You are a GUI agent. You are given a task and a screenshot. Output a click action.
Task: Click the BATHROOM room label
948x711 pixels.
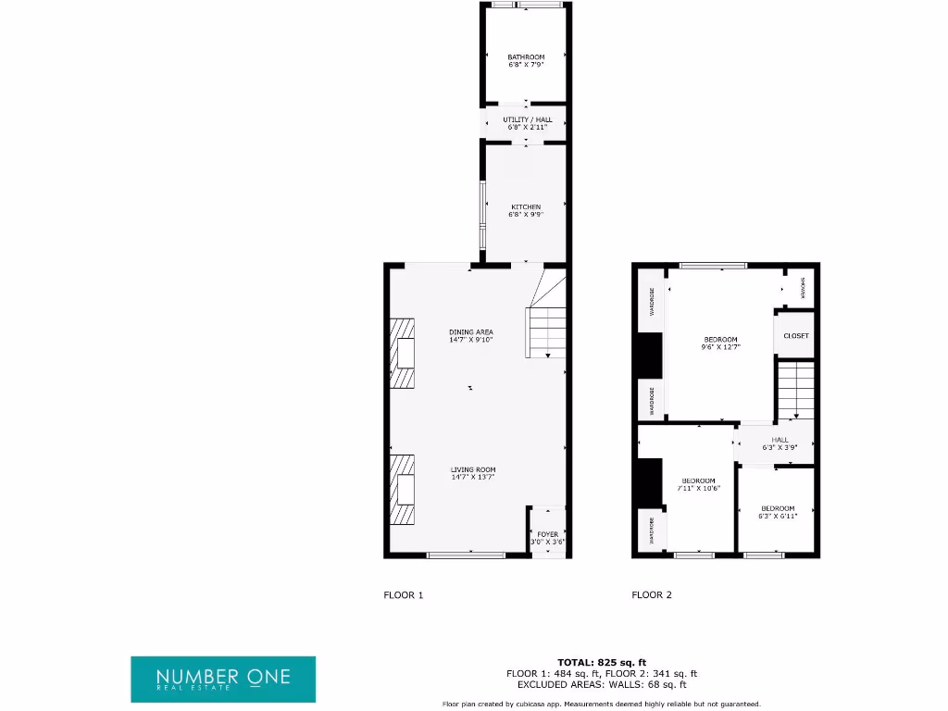coord(526,57)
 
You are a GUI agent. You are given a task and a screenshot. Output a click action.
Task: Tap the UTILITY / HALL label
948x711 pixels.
coord(527,119)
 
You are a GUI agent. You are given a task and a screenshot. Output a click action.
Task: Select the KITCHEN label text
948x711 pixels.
coord(526,206)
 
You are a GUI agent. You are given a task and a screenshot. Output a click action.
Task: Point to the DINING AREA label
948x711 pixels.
coord(471,331)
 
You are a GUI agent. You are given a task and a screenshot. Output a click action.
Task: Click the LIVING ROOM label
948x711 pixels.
coord(473,469)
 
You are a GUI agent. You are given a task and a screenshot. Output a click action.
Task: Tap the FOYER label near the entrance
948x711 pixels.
coord(547,534)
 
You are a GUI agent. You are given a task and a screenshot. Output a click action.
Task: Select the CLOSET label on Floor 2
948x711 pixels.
coord(795,335)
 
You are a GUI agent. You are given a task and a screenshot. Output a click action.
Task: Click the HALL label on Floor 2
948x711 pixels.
coord(780,440)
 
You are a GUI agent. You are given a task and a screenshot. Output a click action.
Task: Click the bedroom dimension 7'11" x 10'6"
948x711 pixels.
coord(700,488)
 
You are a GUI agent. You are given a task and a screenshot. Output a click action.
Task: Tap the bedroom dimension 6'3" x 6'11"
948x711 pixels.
coord(778,516)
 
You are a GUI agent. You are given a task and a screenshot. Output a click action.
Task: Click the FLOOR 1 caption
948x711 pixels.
coord(403,595)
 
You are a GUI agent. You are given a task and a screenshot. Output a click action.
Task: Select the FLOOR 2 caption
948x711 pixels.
coord(652,595)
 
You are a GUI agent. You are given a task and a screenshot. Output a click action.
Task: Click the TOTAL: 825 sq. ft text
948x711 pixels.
coord(601,662)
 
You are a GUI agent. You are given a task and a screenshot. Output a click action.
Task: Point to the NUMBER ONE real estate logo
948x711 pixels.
coord(223,679)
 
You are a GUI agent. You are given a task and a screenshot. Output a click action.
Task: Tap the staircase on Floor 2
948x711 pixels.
coord(795,391)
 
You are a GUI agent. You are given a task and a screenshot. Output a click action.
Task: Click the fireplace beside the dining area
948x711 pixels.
coord(403,355)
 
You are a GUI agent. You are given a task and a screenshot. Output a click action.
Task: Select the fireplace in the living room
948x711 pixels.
coord(403,489)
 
